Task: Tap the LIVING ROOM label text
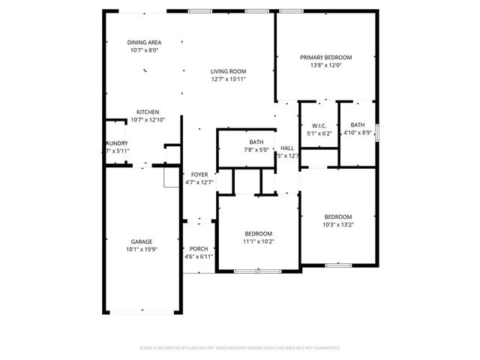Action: pos(228,71)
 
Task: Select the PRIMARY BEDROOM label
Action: pos(325,57)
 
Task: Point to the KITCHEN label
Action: pos(147,112)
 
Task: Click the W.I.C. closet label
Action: pos(319,125)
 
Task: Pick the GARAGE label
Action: pos(142,241)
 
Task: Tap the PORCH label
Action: pos(199,249)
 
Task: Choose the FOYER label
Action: pos(199,174)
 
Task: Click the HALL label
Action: pos(287,148)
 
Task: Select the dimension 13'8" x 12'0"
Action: pos(325,64)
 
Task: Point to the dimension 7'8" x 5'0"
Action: pos(256,149)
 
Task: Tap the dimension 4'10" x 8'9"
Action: pos(357,133)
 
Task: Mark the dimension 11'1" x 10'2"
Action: pos(258,241)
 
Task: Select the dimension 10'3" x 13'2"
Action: pos(337,224)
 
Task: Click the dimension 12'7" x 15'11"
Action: pos(228,79)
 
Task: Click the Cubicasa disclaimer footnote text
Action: pos(239,348)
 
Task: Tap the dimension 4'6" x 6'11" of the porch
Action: pos(199,256)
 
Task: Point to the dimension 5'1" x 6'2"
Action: pos(319,133)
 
